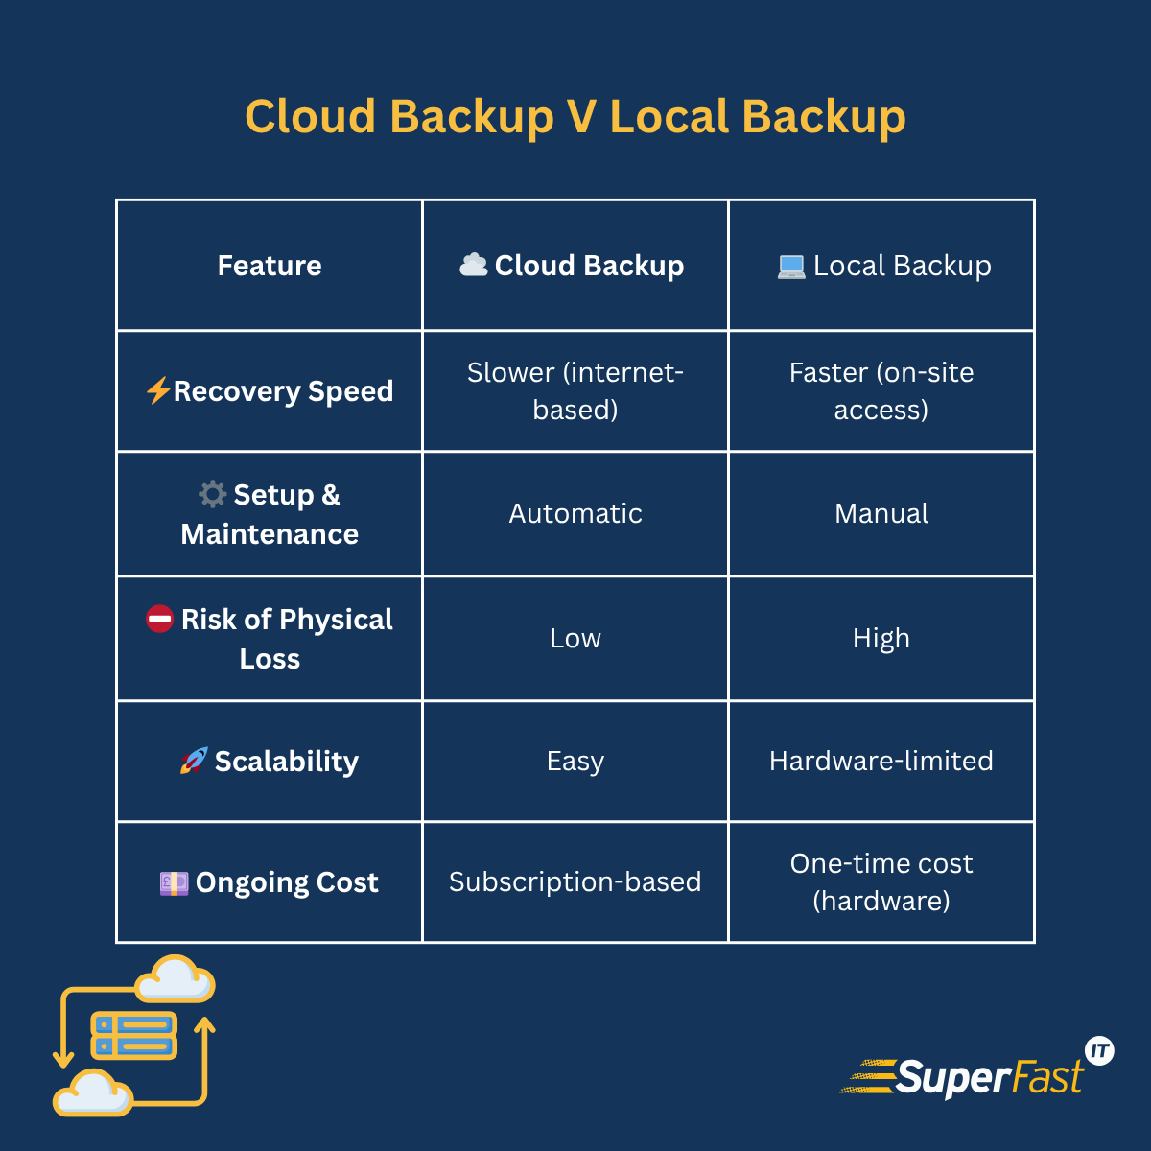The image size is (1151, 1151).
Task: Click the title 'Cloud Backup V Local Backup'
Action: point(575,117)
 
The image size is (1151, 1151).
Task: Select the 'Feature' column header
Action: point(270,266)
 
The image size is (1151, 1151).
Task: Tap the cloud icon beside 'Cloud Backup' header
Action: point(474,265)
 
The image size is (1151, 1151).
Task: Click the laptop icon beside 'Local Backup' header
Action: point(791,267)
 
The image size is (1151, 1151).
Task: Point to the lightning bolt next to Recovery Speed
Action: point(158,390)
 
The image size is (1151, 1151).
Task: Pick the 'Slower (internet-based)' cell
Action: point(575,391)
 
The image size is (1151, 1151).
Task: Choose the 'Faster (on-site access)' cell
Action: point(881,391)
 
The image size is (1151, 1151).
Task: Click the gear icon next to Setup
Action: point(212,494)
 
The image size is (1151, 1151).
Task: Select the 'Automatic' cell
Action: point(575,514)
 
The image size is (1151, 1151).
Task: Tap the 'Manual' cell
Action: point(881,514)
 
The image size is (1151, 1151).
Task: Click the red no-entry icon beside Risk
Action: point(159,619)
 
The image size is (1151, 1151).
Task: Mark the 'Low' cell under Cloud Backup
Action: point(575,639)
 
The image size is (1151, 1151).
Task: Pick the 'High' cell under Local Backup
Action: point(881,639)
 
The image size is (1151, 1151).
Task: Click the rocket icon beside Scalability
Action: point(194,761)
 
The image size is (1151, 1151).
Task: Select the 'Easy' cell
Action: point(575,762)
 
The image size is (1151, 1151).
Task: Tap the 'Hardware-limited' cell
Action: point(881,762)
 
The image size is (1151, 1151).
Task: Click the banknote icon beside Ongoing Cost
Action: point(174,882)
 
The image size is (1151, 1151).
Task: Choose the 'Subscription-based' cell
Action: point(575,882)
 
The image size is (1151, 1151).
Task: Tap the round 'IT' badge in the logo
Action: point(1099,1051)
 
